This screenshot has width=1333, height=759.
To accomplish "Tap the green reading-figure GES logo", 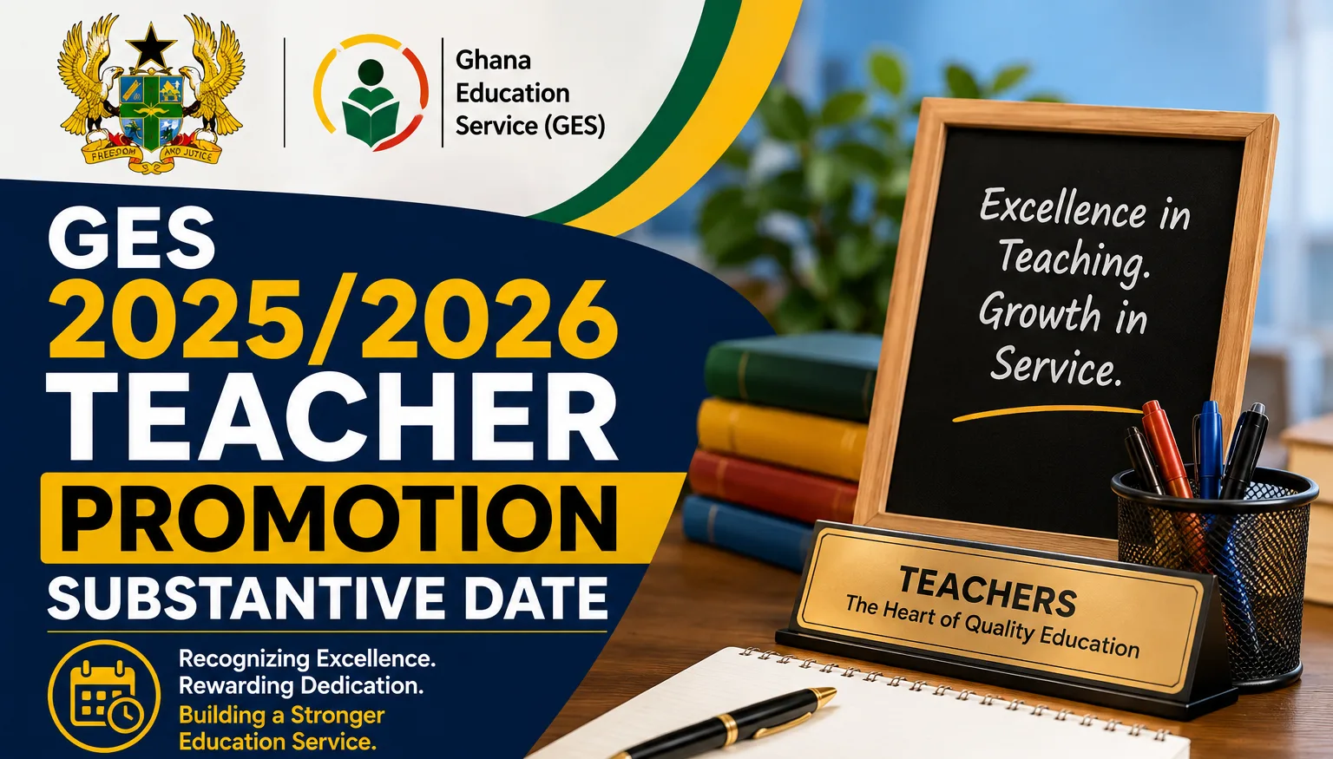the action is pos(371,92).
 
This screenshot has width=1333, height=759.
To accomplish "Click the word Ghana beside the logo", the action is pos(493,60).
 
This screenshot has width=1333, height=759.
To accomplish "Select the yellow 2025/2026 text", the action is pos(332,318).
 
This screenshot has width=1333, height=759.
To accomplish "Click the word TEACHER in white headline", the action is pos(332,416).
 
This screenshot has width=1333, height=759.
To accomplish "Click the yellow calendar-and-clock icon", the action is pos(104,696).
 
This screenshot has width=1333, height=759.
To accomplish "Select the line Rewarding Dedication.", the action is pos(301,686).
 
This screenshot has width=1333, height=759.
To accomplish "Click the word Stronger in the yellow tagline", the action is pos(338,715).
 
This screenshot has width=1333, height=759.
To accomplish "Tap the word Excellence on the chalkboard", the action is pos(1063,209).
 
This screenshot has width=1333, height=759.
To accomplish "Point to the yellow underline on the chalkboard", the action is pos(1047,413).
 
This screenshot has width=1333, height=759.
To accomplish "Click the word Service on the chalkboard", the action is pos(1054,365).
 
